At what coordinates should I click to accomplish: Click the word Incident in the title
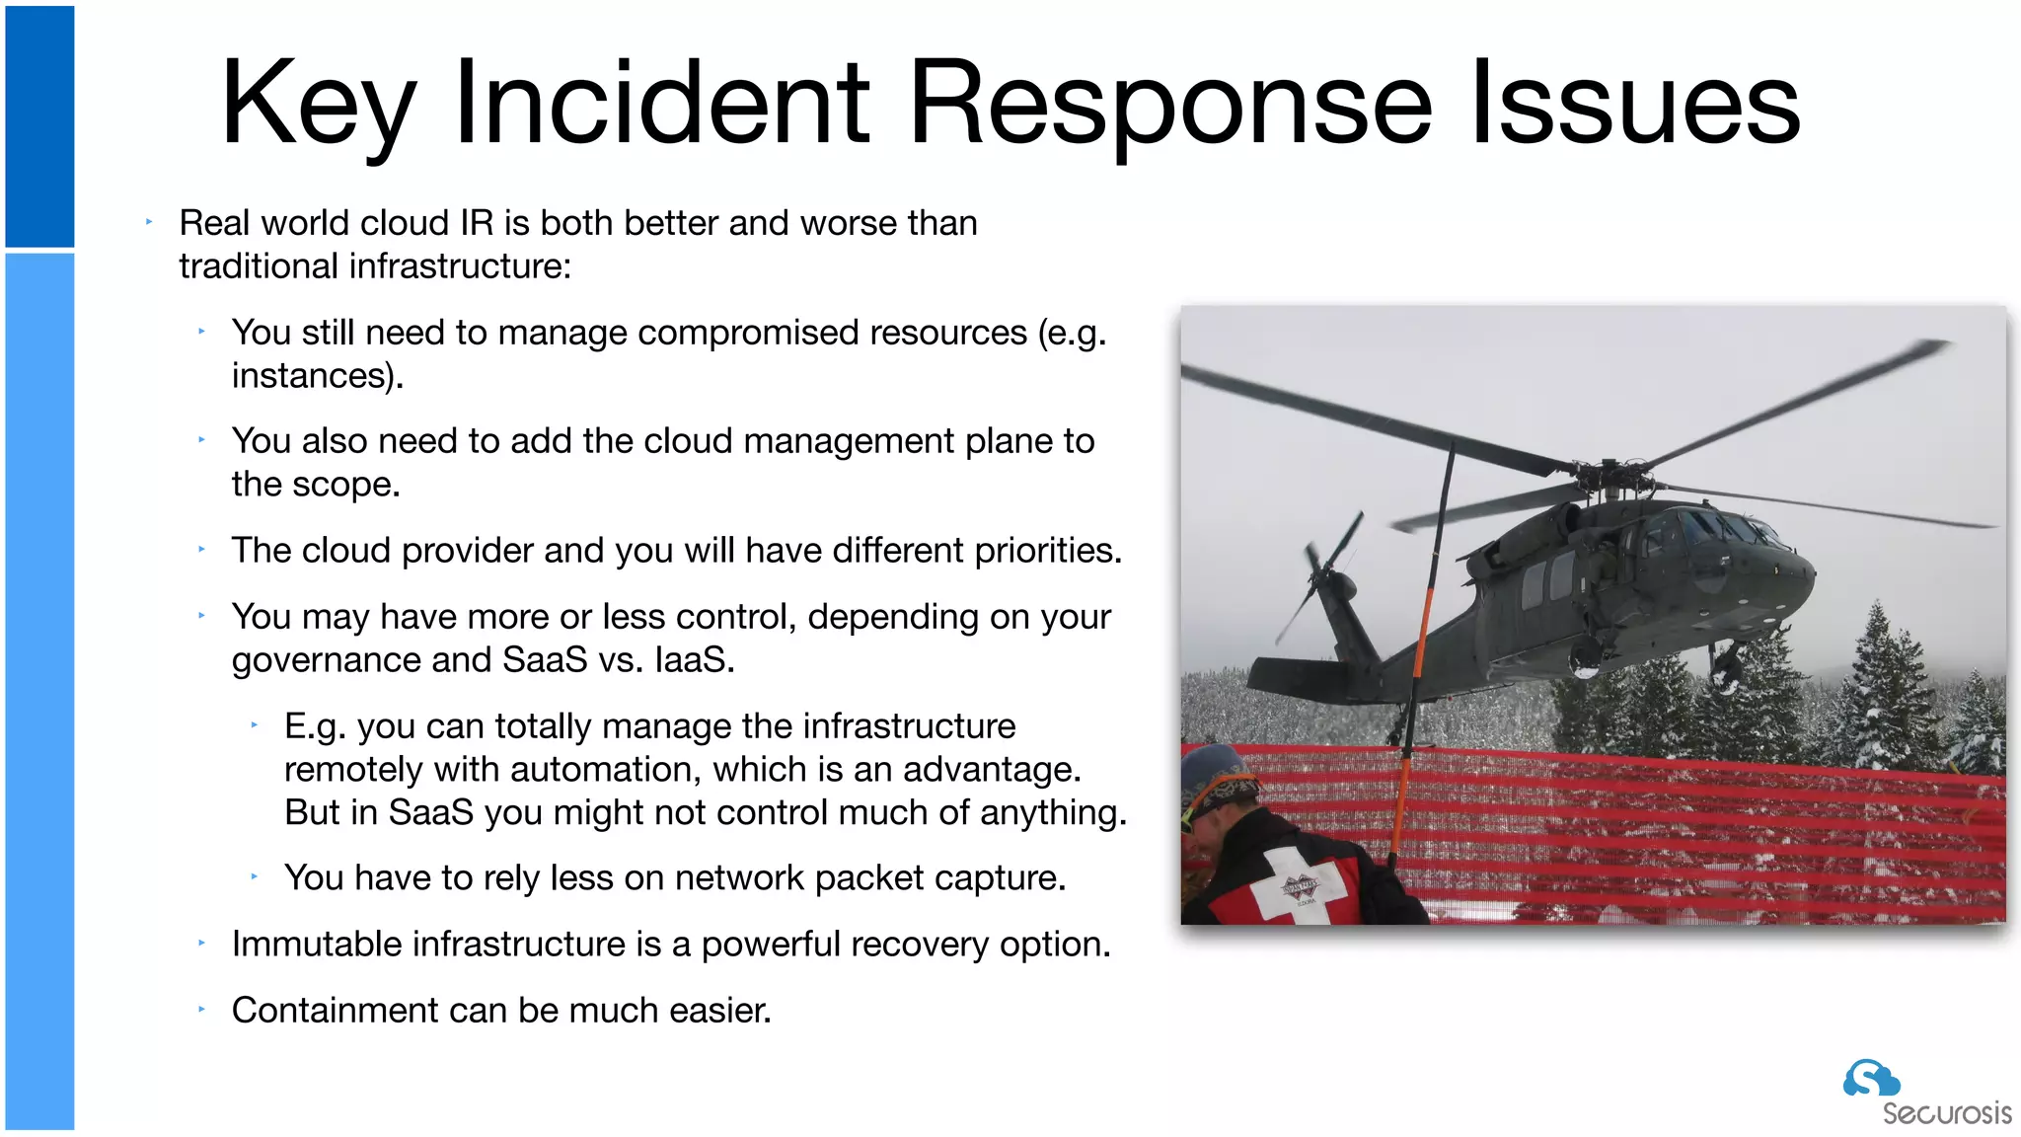click(661, 104)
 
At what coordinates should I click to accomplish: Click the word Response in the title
click(1170, 104)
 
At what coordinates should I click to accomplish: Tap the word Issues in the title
click(1635, 104)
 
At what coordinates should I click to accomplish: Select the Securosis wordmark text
click(1946, 1113)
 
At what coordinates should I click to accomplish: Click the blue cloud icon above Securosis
click(1870, 1078)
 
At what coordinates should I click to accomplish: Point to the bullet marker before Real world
click(149, 223)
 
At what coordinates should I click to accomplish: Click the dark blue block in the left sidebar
click(39, 126)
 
